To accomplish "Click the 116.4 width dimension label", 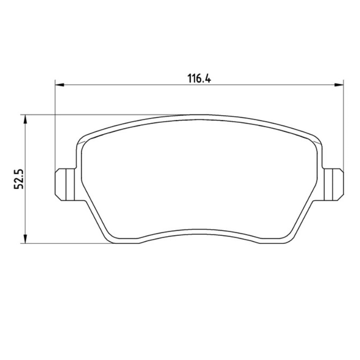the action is coord(199,78).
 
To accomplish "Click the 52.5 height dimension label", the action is coord(19,179).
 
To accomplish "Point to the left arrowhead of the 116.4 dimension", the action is coord(59,85).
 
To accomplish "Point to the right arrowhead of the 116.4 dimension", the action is coord(339,85).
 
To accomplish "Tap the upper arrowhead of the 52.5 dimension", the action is coord(26,119).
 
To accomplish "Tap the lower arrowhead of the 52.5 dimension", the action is coord(26,239).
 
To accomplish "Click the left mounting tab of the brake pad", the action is coord(65,184).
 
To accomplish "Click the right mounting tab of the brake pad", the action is coord(334,184).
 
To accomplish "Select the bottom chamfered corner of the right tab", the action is coord(341,198).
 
